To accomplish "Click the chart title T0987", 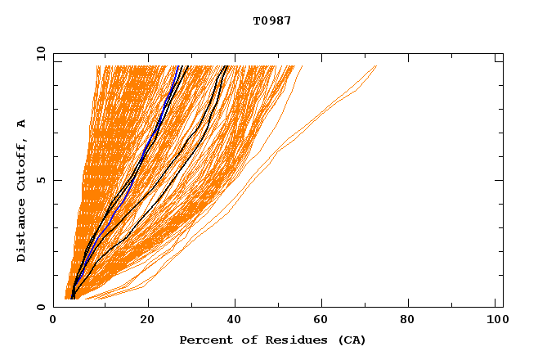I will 271,20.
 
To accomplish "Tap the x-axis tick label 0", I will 53,322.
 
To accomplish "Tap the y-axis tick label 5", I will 41,180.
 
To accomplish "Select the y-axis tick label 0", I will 41,307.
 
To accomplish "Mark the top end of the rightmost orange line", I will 377,65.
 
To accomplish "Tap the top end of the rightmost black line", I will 227,65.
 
